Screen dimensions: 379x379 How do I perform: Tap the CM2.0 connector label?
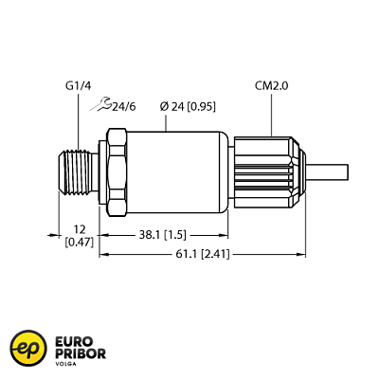[x=273, y=87]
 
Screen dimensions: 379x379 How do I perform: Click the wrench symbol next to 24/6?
[x=102, y=107]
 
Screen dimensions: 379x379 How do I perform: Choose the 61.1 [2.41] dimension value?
[x=202, y=254]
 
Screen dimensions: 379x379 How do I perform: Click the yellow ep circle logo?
[x=27, y=348]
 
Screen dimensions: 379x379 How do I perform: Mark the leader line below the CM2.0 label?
[x=273, y=114]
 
